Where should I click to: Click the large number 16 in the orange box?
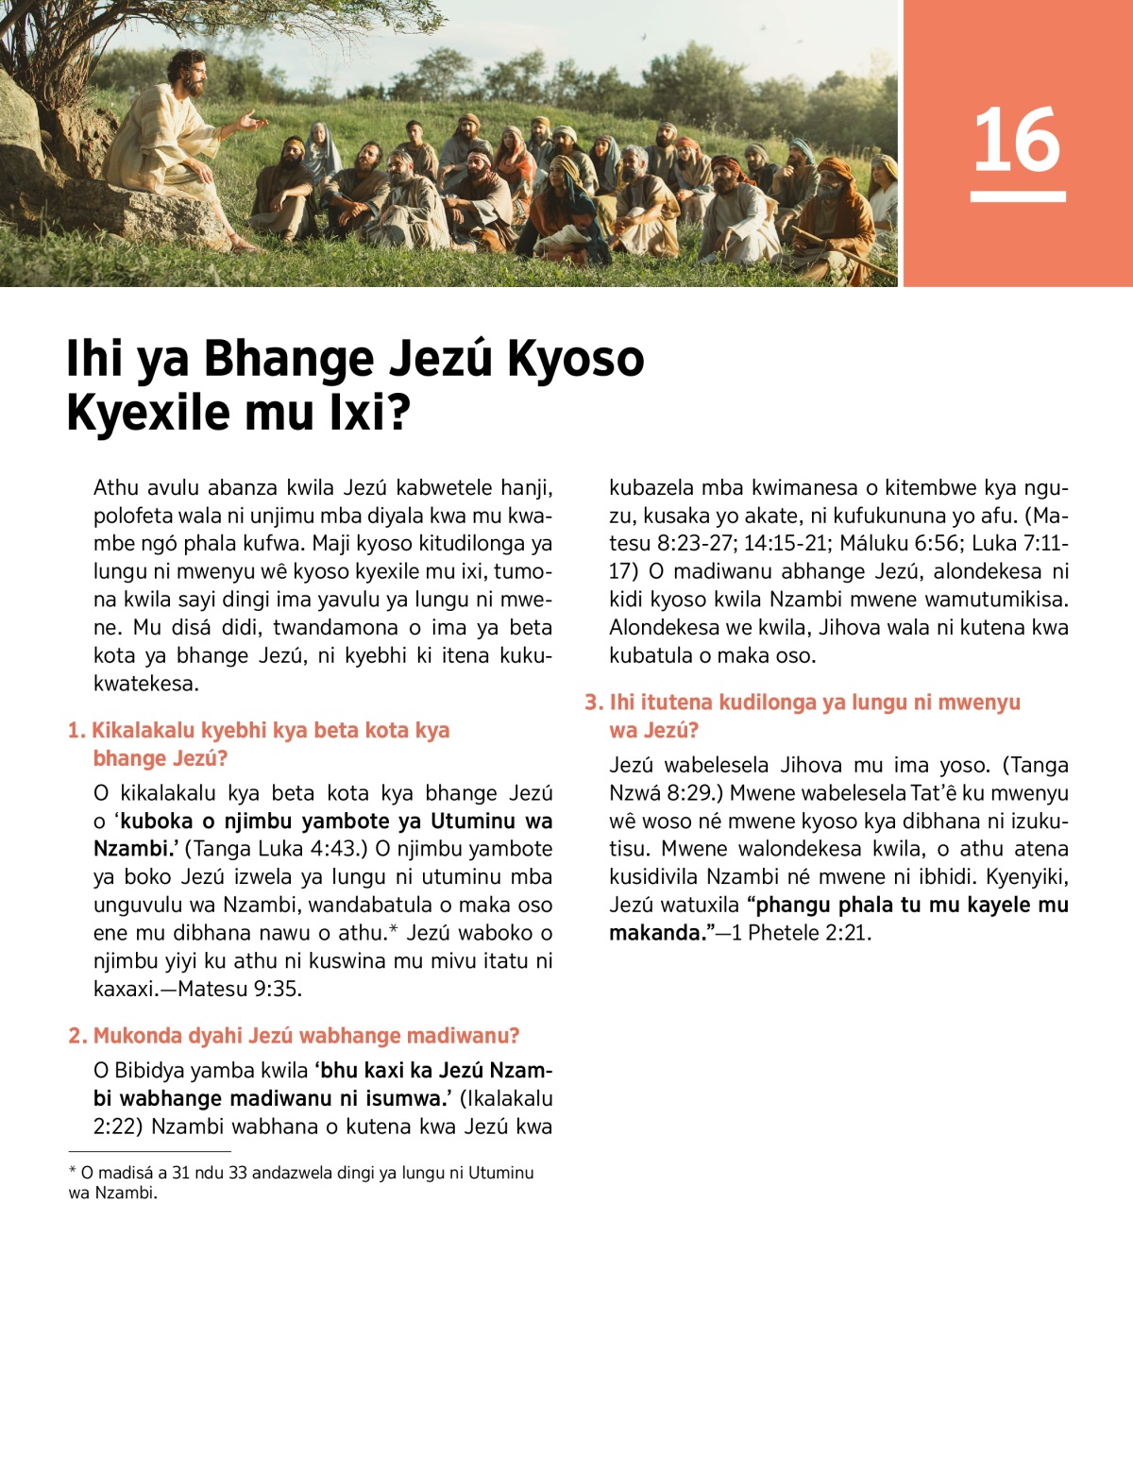point(1017,140)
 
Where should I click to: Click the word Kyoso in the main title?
point(575,359)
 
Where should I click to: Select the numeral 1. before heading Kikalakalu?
point(76,731)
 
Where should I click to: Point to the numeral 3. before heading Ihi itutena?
point(593,703)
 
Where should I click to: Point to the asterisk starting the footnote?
point(73,1172)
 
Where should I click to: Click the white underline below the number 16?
point(1018,196)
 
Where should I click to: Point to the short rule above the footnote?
point(149,1152)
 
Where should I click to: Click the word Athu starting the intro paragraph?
point(115,488)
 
